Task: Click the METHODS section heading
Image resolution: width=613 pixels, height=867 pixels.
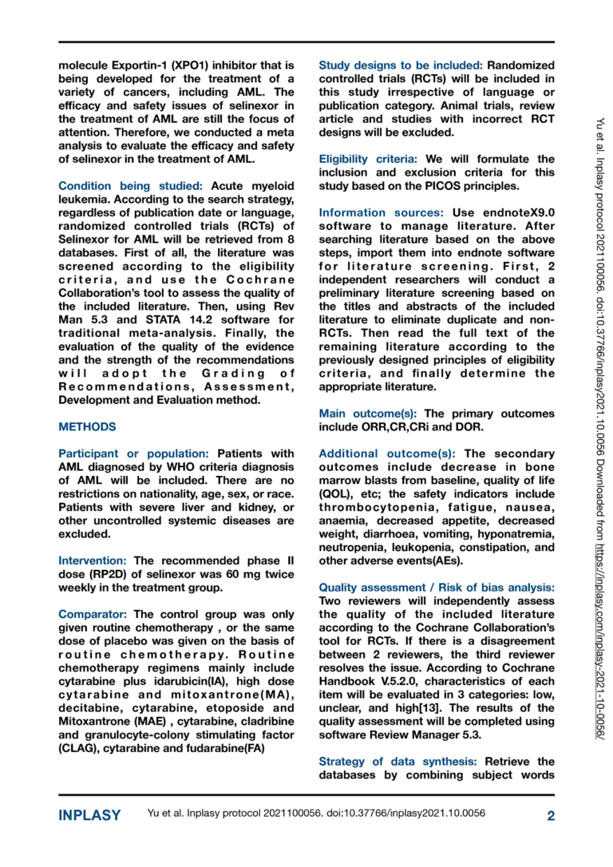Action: point(87,427)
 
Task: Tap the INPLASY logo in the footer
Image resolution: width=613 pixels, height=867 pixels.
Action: point(90,815)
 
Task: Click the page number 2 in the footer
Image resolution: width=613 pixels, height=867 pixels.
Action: point(551,815)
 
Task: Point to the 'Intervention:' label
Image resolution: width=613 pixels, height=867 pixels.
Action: point(93,561)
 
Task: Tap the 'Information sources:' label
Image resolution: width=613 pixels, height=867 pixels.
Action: point(382,212)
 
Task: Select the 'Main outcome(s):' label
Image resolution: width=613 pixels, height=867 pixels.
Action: point(368,414)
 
